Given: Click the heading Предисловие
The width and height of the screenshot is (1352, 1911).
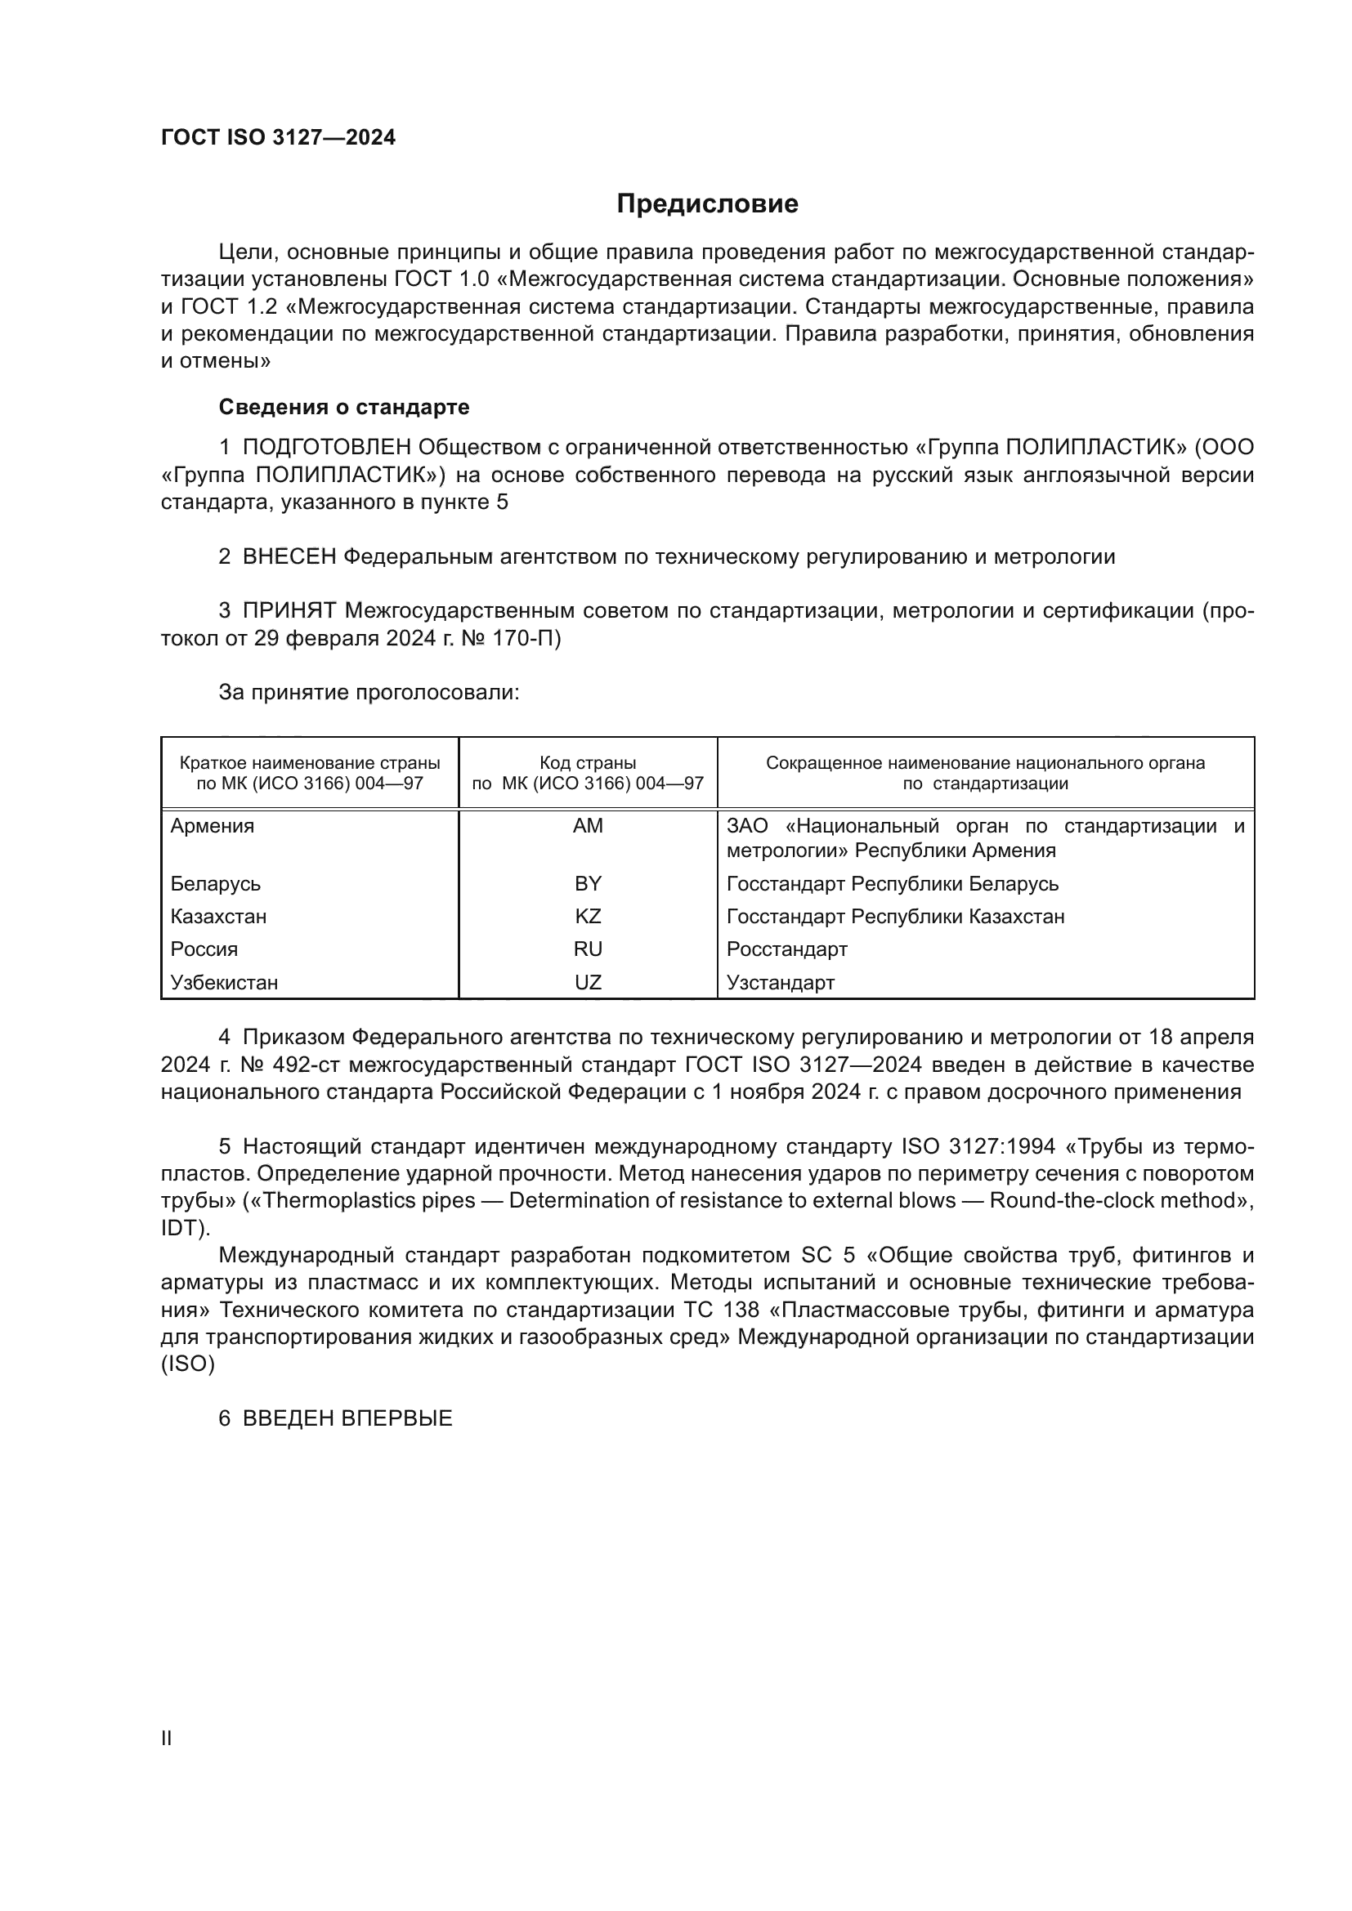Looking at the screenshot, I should click(707, 204).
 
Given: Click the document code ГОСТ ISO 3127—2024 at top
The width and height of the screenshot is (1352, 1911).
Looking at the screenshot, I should click(278, 137).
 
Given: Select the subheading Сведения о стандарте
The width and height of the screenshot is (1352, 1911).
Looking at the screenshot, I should click(344, 407).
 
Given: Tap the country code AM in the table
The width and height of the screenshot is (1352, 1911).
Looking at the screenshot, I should click(588, 826).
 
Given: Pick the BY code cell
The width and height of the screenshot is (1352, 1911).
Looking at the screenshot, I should click(588, 883).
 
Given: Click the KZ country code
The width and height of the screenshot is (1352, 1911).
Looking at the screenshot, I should click(588, 917).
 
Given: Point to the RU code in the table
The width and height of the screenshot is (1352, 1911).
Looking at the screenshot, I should click(588, 949).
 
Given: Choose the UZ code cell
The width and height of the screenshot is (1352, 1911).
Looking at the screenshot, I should click(588, 982).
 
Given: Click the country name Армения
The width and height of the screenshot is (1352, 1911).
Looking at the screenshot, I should click(213, 826).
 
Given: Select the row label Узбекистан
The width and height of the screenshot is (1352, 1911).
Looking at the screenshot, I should click(224, 982).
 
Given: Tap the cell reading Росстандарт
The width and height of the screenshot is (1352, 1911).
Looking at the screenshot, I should click(786, 949).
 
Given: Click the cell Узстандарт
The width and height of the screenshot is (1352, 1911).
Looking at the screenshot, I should click(780, 982).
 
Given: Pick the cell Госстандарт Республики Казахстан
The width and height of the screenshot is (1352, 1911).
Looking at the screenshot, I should click(895, 917).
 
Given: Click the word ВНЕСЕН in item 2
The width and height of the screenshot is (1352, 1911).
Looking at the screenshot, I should click(289, 557).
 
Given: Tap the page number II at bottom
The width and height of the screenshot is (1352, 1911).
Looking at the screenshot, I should click(167, 1738).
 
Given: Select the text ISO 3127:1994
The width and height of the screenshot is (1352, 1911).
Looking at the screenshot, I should click(978, 1147).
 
